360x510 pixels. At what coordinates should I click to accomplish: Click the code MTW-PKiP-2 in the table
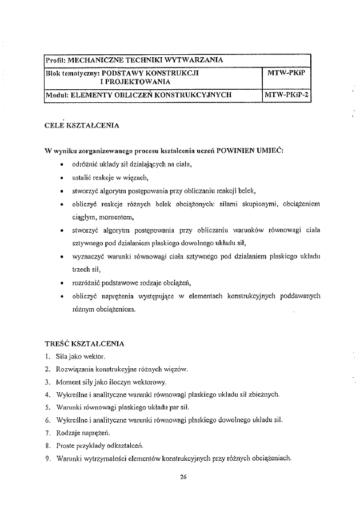point(286,95)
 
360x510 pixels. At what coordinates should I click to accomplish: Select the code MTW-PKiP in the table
point(285,74)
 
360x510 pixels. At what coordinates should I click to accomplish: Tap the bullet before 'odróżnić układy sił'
point(61,164)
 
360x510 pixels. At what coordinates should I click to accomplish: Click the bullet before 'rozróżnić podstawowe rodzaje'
point(61,283)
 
